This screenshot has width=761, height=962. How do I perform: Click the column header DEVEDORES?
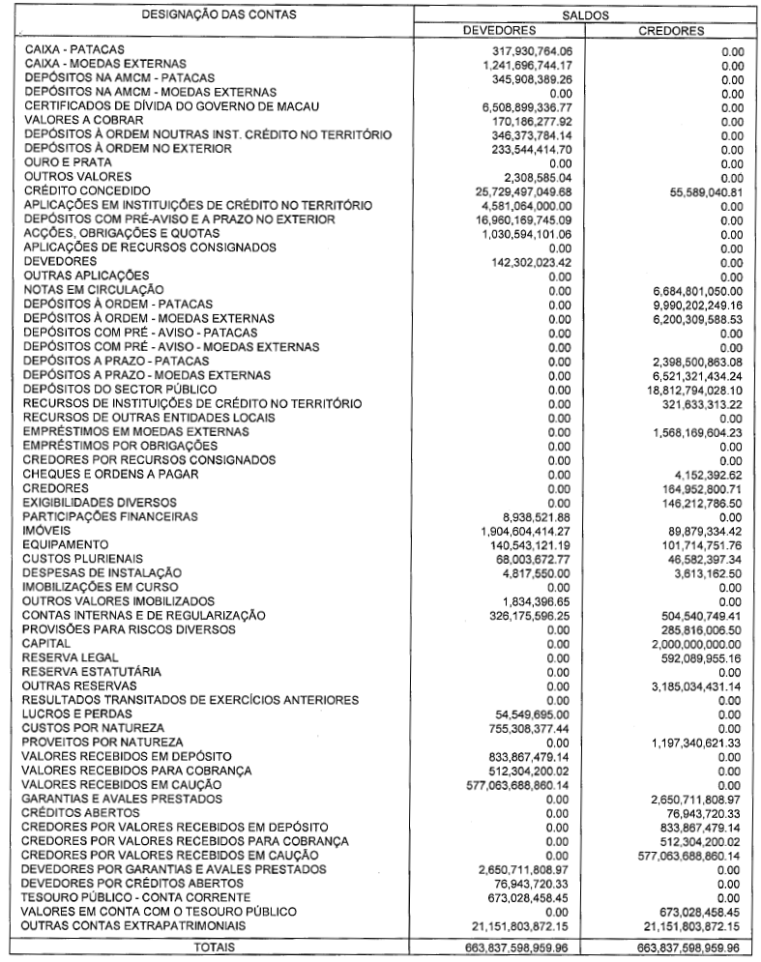pos(501,31)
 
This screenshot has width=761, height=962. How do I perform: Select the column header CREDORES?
pos(670,31)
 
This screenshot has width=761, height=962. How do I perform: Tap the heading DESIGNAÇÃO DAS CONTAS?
pos(220,15)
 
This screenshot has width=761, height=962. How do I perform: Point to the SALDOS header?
pos(586,15)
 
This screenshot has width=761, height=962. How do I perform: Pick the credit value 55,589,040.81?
pos(690,191)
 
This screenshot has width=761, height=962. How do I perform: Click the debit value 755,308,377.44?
pos(519,727)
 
